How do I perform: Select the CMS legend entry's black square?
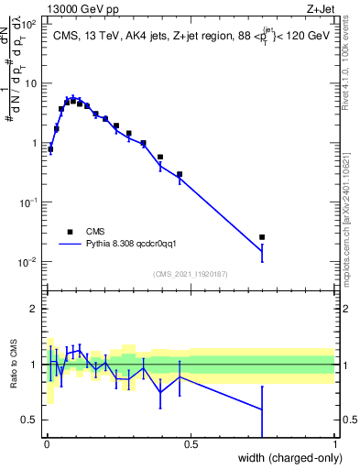pyautogui.click(x=70, y=232)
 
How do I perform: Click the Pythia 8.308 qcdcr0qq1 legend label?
pyautogui.click(x=149, y=245)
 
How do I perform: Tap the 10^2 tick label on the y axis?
pyautogui.click(x=29, y=25)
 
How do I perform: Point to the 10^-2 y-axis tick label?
pyautogui.click(x=28, y=262)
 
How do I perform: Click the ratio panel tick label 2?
pyautogui.click(x=35, y=309)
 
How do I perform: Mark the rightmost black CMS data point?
pyautogui.click(x=262, y=237)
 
